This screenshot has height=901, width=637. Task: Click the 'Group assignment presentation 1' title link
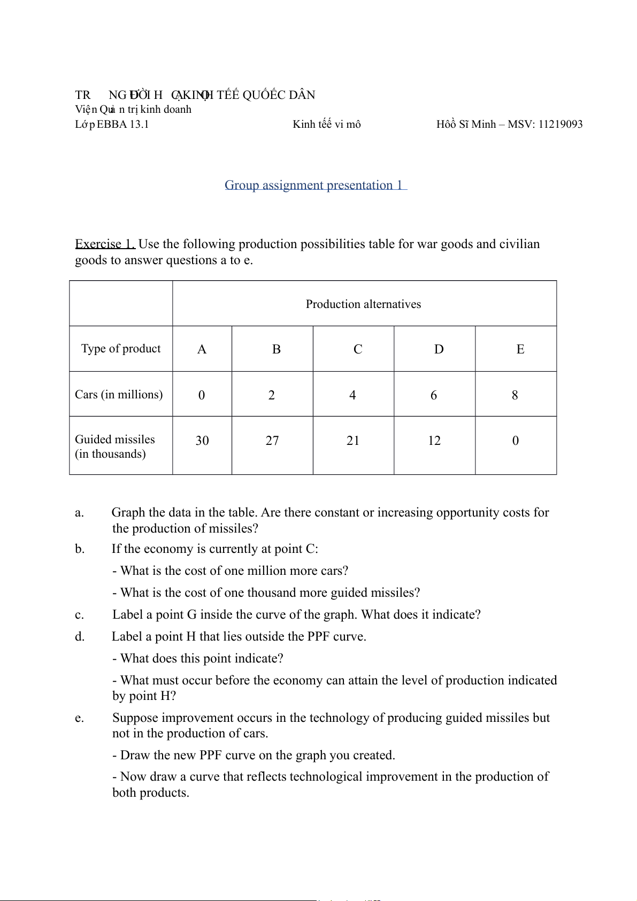[x=315, y=185]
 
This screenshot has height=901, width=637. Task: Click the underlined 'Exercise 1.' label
[x=105, y=244]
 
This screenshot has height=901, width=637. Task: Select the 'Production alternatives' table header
[x=363, y=304]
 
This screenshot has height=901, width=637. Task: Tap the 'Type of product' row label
[x=121, y=349]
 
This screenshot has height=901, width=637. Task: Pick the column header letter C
[x=358, y=349]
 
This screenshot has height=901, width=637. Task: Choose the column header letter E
[x=520, y=349]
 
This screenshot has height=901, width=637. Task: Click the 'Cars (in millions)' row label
[x=119, y=395]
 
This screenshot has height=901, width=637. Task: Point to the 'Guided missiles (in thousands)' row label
[x=115, y=446]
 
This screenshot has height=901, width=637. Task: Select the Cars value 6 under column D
[x=434, y=395]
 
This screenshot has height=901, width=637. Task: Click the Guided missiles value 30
[x=202, y=441]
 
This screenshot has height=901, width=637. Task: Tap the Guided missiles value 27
[x=272, y=441]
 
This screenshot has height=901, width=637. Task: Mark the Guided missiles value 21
[x=353, y=441]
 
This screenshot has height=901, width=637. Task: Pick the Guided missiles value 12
[x=434, y=441]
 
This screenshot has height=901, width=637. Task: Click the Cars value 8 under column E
[x=515, y=395]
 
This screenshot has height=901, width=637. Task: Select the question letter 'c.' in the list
[x=80, y=615]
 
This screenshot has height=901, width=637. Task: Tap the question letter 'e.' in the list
[x=80, y=718]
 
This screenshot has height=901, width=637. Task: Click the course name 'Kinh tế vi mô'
[x=326, y=125]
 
